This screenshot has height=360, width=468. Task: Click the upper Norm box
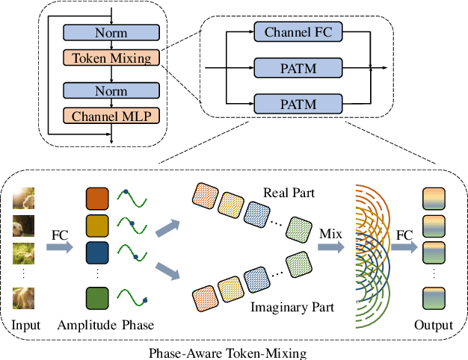point(111,33)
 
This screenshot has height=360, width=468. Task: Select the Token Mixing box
point(111,58)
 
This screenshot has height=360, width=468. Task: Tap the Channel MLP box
point(111,116)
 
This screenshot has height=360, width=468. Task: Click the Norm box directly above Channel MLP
point(111,90)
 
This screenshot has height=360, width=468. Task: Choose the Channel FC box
point(293,32)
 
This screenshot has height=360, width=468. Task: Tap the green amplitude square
point(98,299)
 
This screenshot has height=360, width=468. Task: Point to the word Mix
point(329,235)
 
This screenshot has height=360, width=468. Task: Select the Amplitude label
point(86,325)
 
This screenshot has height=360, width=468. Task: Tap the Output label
point(434,325)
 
